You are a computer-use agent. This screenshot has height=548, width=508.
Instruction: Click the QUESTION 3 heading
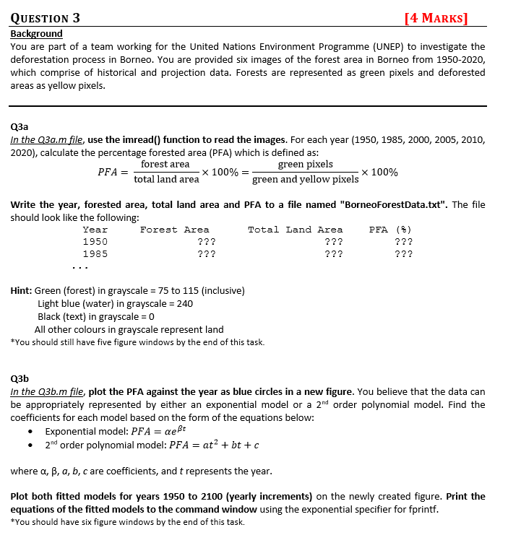(46, 18)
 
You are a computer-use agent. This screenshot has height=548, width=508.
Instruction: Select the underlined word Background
(36, 34)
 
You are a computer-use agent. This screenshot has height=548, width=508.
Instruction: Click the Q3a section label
(19, 125)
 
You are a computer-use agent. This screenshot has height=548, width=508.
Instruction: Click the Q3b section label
(20, 378)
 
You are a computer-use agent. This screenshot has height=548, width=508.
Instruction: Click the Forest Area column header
(174, 230)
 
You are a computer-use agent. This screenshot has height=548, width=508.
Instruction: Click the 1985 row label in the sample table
(95, 254)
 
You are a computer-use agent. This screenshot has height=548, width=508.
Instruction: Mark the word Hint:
(23, 291)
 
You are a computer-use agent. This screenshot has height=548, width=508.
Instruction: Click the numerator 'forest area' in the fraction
(165, 165)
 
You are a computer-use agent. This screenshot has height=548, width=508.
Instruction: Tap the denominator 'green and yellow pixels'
(305, 179)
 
